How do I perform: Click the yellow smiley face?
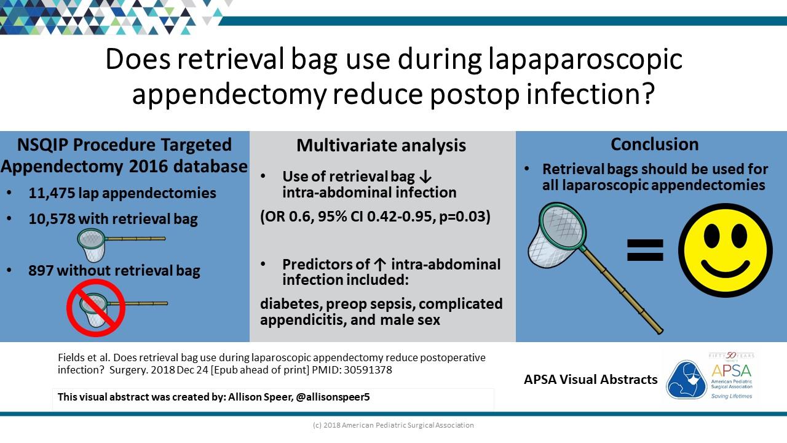[x=725, y=250]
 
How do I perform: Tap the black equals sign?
[x=645, y=250]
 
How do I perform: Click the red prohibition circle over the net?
[x=96, y=308]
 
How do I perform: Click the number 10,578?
[x=52, y=218]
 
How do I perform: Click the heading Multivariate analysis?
[x=381, y=146]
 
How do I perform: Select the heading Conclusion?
[x=655, y=144]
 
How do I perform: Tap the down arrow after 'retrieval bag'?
[x=425, y=177]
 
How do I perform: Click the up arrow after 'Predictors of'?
[x=380, y=265]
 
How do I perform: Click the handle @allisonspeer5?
[x=333, y=397]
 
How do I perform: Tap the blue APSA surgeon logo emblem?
[x=686, y=380]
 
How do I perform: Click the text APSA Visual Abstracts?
[x=591, y=380]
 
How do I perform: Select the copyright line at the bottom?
[x=393, y=425]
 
